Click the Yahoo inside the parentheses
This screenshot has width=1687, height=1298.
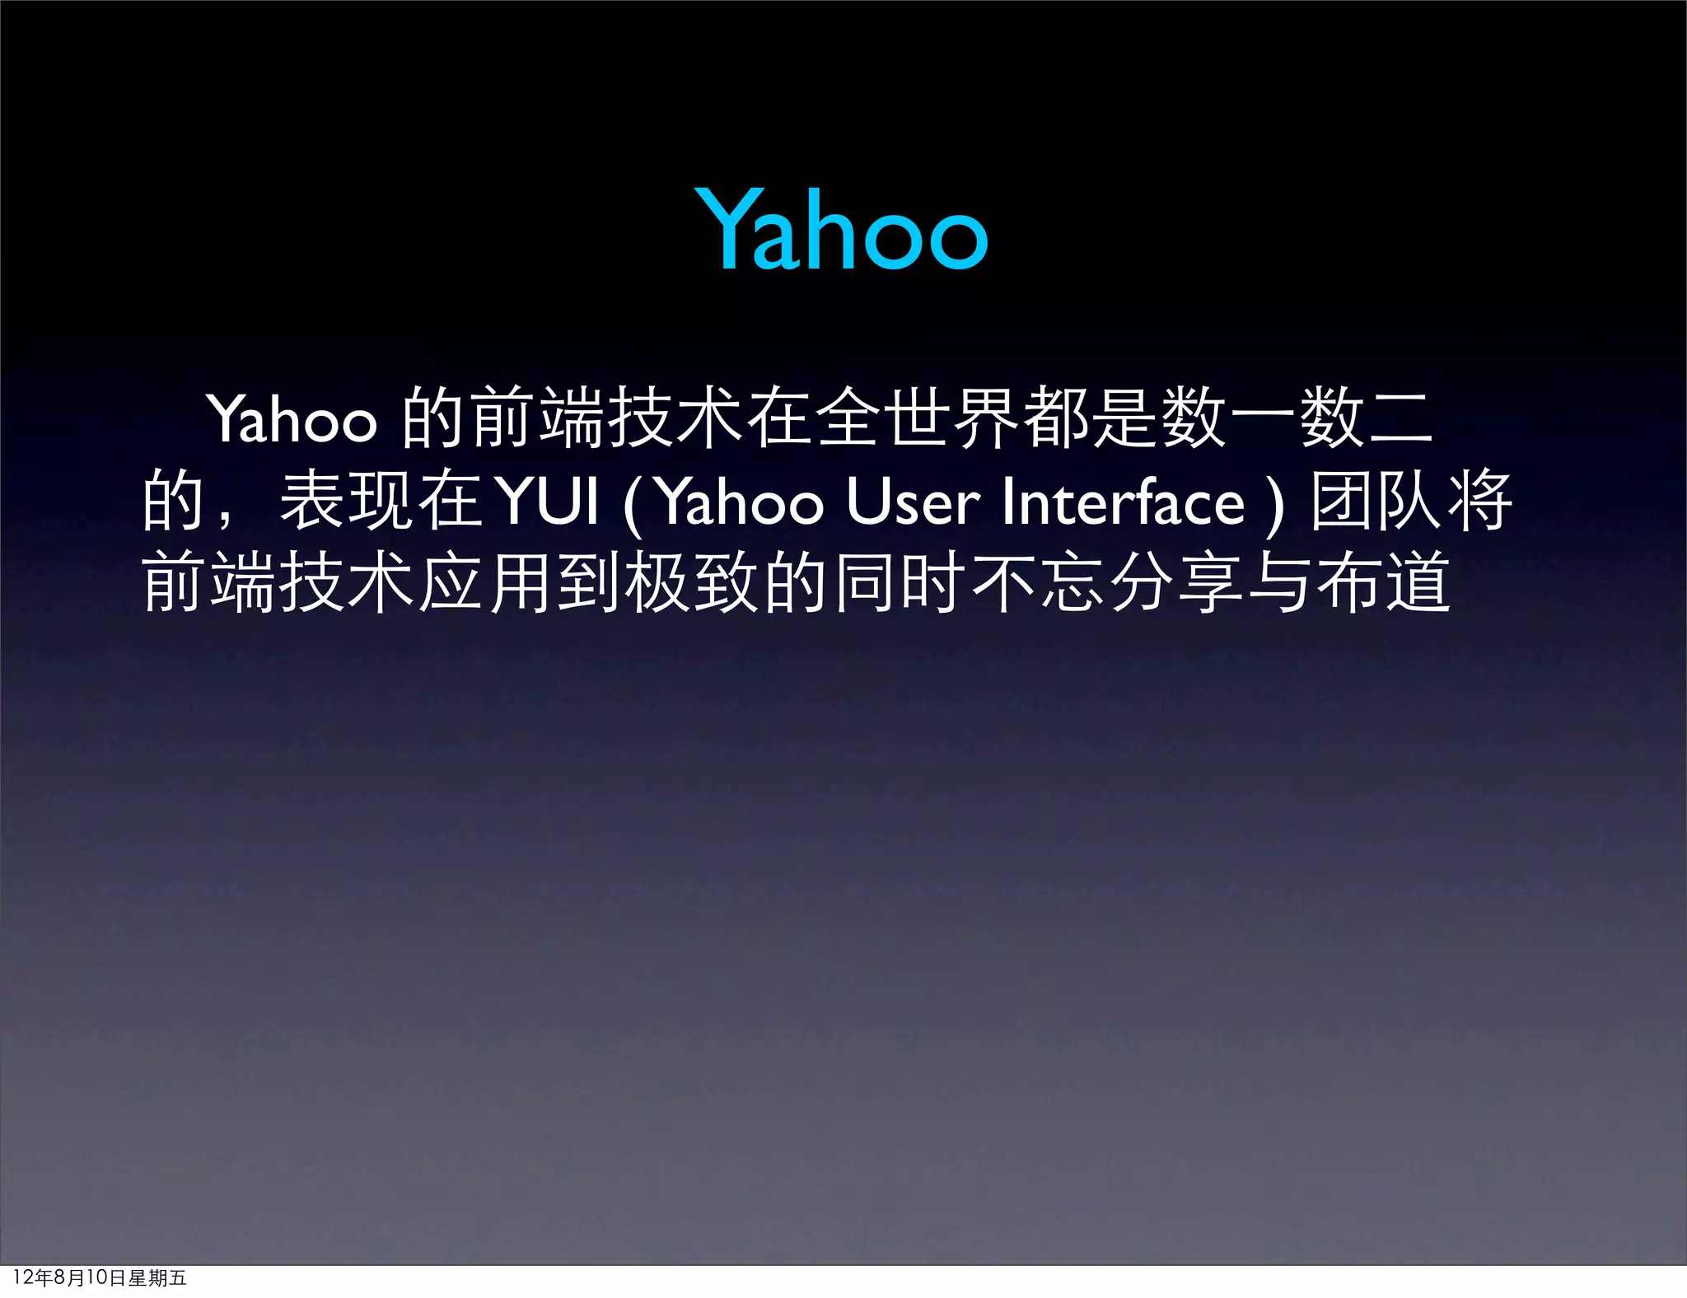(741, 502)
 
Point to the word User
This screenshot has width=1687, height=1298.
(913, 502)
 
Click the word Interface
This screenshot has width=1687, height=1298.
(1122, 502)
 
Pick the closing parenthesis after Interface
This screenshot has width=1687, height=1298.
(1274, 504)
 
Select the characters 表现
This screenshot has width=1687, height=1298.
(347, 501)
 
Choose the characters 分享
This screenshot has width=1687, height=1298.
(1177, 583)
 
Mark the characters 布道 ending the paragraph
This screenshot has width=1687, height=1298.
(1384, 583)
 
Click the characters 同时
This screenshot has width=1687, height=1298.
(900, 583)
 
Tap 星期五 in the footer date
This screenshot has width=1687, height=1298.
(157, 1277)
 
